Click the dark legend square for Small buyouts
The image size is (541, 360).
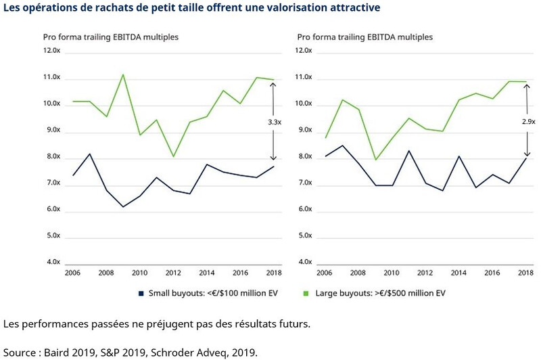141,293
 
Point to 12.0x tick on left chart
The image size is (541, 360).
51,51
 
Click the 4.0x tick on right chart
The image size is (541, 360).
305,262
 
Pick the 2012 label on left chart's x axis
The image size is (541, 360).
172,273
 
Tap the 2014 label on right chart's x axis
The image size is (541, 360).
458,273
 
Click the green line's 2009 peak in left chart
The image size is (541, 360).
123,74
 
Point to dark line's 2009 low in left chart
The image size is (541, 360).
123,206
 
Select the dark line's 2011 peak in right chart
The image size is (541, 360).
408,150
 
